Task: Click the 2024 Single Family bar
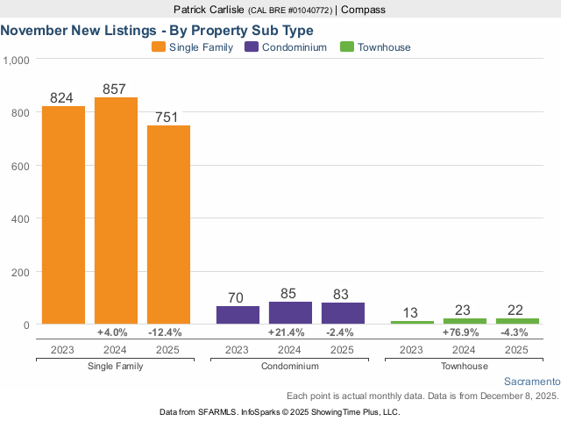116,210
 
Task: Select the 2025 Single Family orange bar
168,225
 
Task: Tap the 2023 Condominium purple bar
238,315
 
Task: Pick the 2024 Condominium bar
290,313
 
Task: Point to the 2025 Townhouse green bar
517,321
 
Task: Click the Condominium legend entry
294,47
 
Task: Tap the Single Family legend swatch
159,47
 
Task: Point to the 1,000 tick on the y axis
17,60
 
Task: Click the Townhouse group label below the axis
465,366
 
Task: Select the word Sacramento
532,382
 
